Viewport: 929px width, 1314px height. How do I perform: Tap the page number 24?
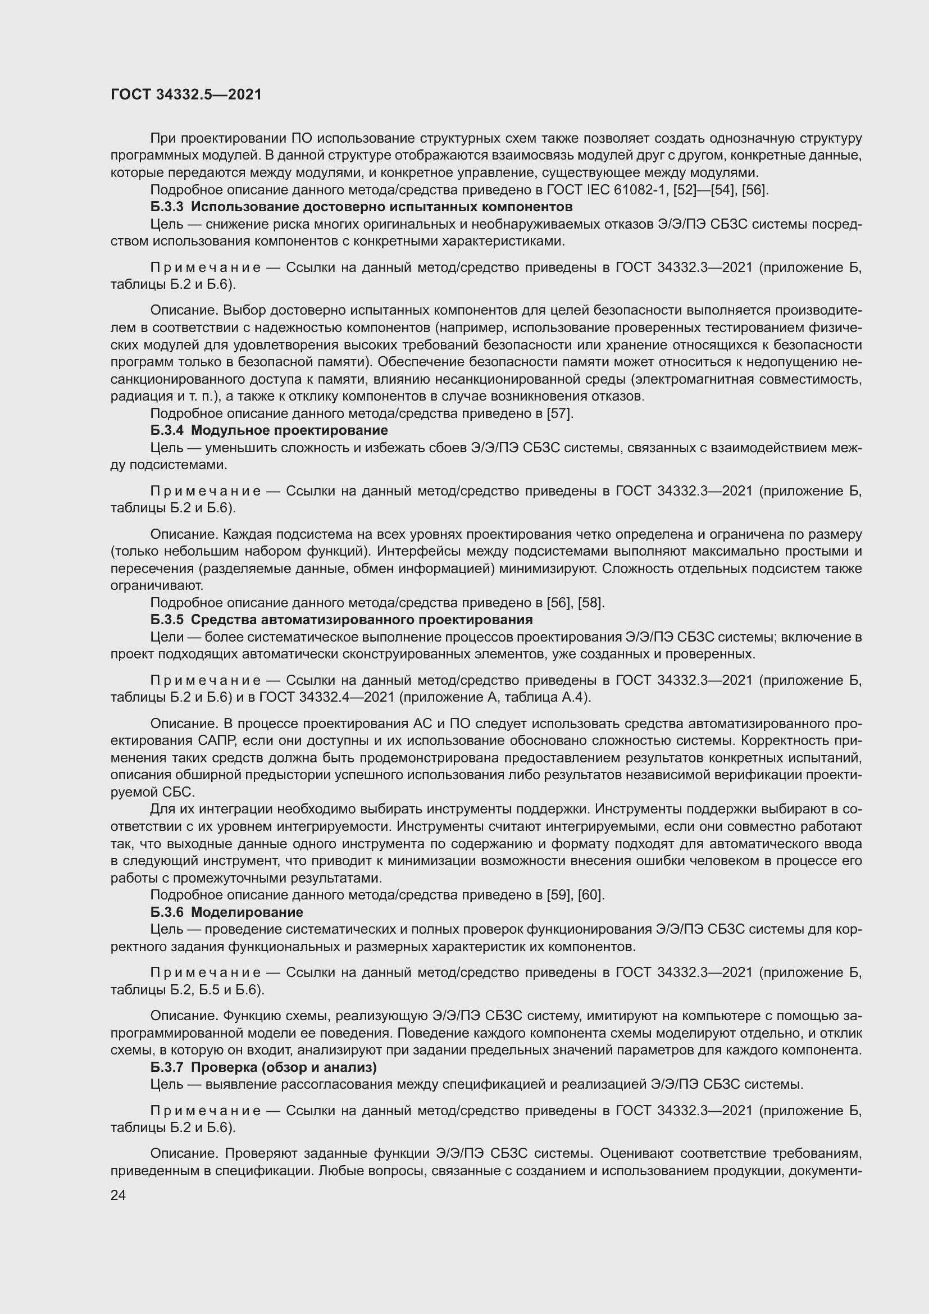click(x=118, y=1195)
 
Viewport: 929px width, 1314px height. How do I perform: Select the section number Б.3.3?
click(x=167, y=207)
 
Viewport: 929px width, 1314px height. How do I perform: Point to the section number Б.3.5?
click(x=167, y=620)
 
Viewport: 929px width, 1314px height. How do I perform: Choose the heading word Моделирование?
click(x=247, y=912)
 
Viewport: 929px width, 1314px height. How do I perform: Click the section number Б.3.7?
click(x=167, y=1067)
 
